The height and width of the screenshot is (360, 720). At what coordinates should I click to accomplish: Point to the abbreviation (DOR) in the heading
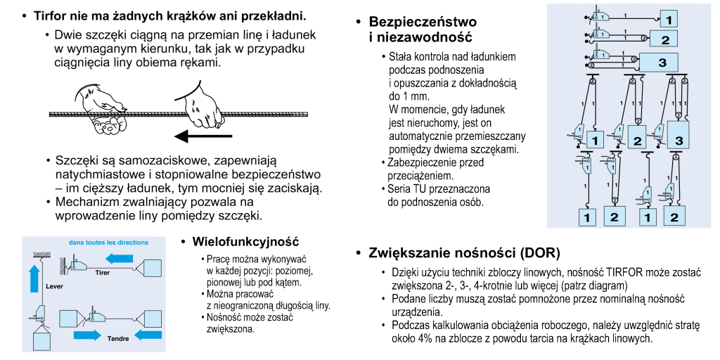coord(538,252)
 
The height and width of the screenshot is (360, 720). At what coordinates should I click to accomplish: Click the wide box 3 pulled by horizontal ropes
coord(661,62)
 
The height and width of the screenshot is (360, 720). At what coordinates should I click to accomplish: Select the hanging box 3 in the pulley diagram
coord(679,136)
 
